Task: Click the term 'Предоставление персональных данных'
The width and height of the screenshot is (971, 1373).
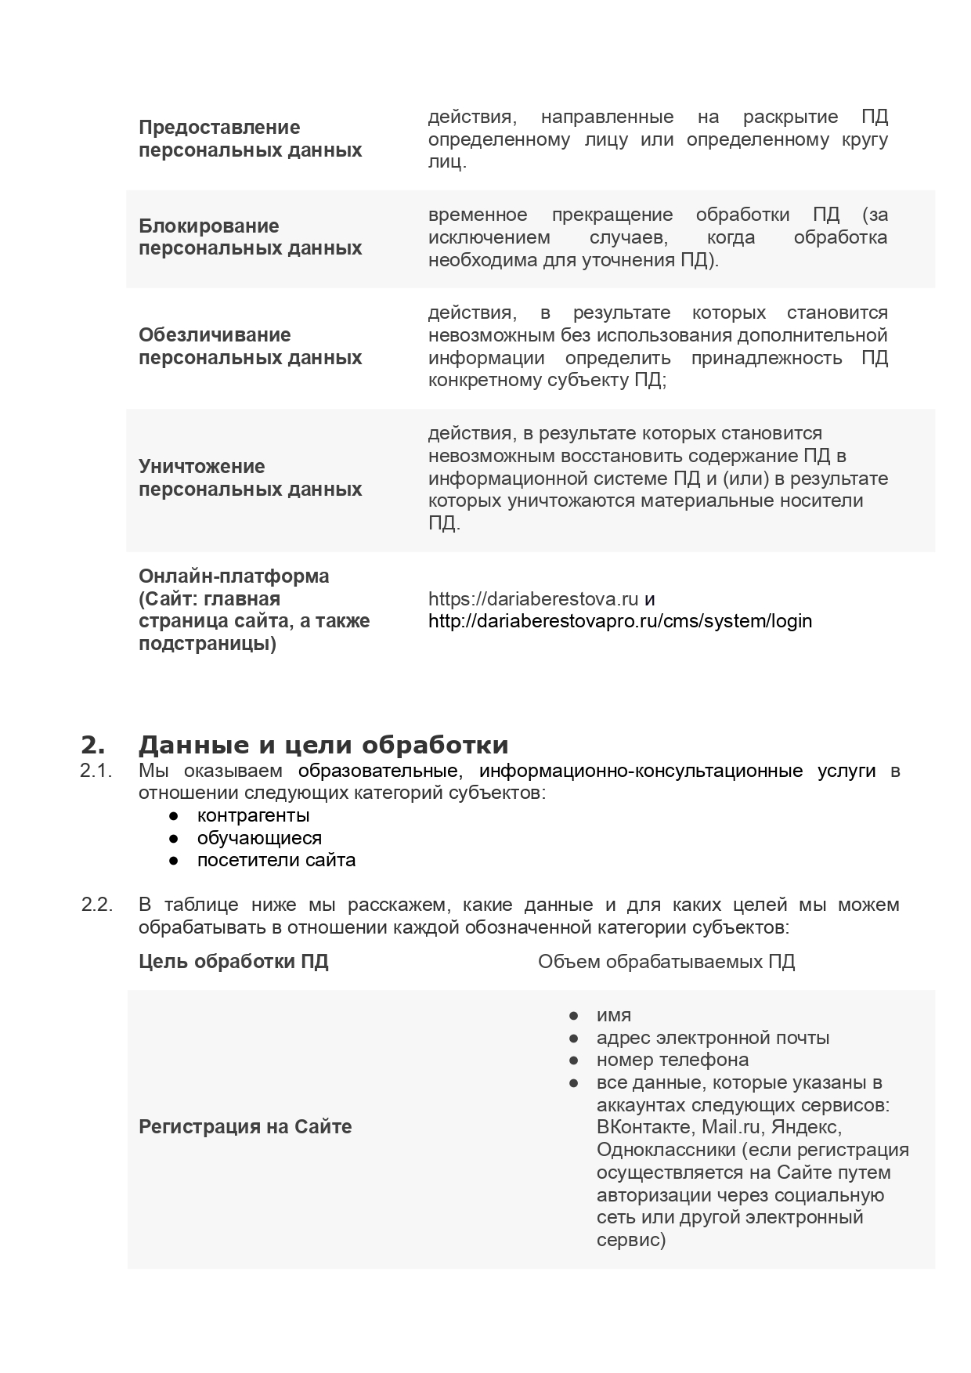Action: click(x=250, y=139)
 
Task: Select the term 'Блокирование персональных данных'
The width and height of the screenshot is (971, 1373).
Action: click(x=250, y=237)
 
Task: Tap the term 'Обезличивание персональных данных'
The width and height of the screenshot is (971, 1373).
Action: click(x=250, y=346)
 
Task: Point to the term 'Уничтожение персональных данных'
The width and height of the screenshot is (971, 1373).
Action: click(x=250, y=478)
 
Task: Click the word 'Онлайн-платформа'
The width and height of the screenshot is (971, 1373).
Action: click(x=233, y=576)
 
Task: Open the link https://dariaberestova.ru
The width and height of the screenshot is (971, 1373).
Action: click(x=533, y=599)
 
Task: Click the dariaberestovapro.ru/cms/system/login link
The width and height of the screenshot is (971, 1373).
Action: click(x=620, y=621)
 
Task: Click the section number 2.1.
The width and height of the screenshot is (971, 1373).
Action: click(x=96, y=771)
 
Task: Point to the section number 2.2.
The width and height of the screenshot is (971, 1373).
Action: click(x=97, y=905)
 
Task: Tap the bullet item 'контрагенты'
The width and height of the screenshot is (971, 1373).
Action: click(x=254, y=815)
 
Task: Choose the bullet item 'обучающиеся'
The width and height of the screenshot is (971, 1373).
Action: click(x=259, y=838)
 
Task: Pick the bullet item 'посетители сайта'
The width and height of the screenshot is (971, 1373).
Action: click(x=276, y=860)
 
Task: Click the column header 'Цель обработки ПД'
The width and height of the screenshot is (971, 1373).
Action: click(x=233, y=962)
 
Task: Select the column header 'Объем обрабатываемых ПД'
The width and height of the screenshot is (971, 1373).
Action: click(x=666, y=962)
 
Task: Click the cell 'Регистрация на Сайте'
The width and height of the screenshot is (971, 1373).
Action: click(x=245, y=1127)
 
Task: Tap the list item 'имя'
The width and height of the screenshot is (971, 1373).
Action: click(x=614, y=1015)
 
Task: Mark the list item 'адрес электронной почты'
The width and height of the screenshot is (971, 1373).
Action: click(x=713, y=1038)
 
